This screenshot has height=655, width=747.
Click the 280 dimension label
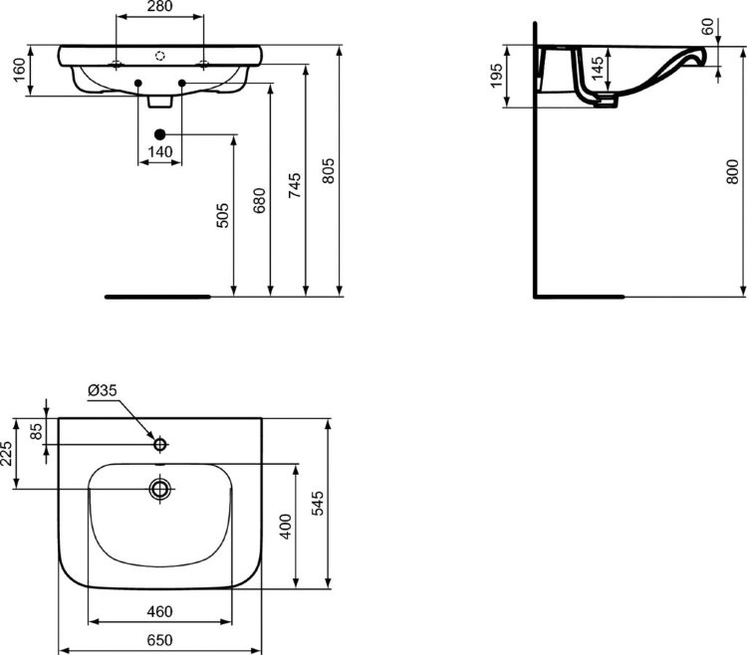point(160,6)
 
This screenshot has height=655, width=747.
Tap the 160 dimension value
point(19,70)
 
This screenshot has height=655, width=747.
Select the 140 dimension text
point(160,152)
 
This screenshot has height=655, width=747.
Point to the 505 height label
point(222,215)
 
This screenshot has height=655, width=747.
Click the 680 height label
point(259,200)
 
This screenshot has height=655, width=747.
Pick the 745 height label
point(295,185)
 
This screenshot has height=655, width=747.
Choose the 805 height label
point(329,171)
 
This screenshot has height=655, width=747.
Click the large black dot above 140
point(160,134)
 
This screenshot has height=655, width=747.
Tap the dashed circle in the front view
point(160,56)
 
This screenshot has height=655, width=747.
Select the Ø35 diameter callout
point(103,390)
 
